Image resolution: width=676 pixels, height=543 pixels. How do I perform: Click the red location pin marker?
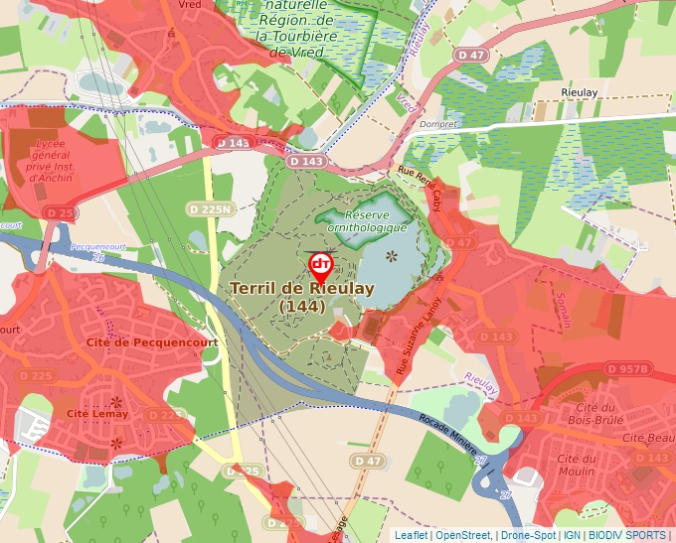pyautogui.click(x=320, y=266)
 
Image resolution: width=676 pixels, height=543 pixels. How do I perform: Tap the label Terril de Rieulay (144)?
pyautogui.click(x=301, y=297)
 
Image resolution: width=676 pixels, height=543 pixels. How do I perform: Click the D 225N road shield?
pyautogui.click(x=210, y=208)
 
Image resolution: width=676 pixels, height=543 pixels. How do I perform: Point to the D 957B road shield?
pyautogui.click(x=628, y=369)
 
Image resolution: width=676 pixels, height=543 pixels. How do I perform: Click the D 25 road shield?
pyautogui.click(x=60, y=212)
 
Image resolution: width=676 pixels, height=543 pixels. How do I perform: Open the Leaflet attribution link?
pyautogui.click(x=412, y=535)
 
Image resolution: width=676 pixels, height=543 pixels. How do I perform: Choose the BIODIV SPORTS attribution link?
pyautogui.click(x=626, y=535)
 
